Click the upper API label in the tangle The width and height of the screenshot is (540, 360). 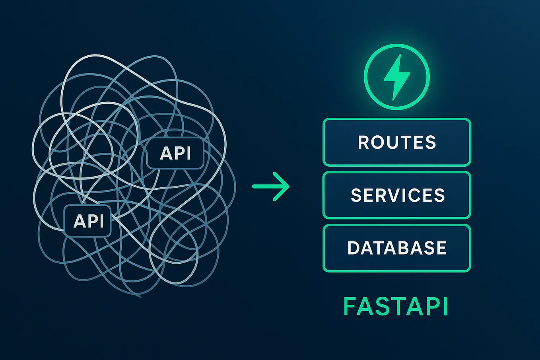pyautogui.click(x=175, y=153)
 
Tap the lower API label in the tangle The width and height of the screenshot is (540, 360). pyautogui.click(x=88, y=221)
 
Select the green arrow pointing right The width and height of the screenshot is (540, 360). pyautogui.click(x=271, y=186)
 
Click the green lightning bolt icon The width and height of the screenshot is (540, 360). pyautogui.click(x=397, y=77)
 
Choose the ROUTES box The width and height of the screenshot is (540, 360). pyautogui.click(x=397, y=142)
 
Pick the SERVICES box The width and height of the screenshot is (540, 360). pyautogui.click(x=397, y=195)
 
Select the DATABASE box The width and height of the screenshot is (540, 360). pyautogui.click(x=397, y=248)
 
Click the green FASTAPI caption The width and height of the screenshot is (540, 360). pyautogui.click(x=396, y=307)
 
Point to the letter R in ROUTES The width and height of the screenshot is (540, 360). pyautogui.click(x=364, y=142)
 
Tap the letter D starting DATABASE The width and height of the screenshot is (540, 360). pyautogui.click(x=354, y=248)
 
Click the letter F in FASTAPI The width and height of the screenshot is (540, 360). pyautogui.click(x=350, y=307)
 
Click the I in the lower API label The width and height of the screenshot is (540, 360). pyautogui.click(x=101, y=221)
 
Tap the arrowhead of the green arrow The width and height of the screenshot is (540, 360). pyautogui.click(x=283, y=186)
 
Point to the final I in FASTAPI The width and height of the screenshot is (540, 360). pyautogui.click(x=445, y=307)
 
